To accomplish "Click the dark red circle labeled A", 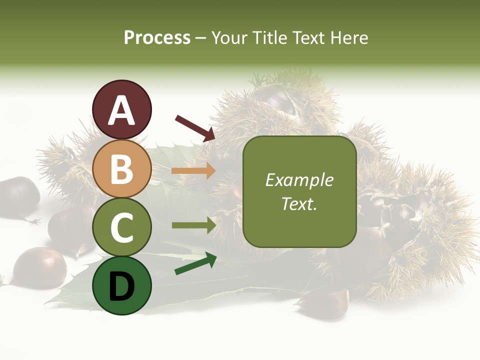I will click(122, 109).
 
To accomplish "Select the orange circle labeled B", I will click(122, 168).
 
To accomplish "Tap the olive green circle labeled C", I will click(122, 227).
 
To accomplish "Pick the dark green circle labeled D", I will click(122, 285).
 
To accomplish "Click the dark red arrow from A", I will click(195, 128).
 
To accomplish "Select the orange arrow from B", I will click(193, 170).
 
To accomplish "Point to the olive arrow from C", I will click(193, 225).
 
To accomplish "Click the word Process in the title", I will click(157, 37).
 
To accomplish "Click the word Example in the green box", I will click(299, 180).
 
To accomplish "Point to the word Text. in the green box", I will click(299, 203).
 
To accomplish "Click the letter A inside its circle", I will click(122, 110).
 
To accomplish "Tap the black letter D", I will click(122, 286).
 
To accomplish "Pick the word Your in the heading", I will click(229, 37).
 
